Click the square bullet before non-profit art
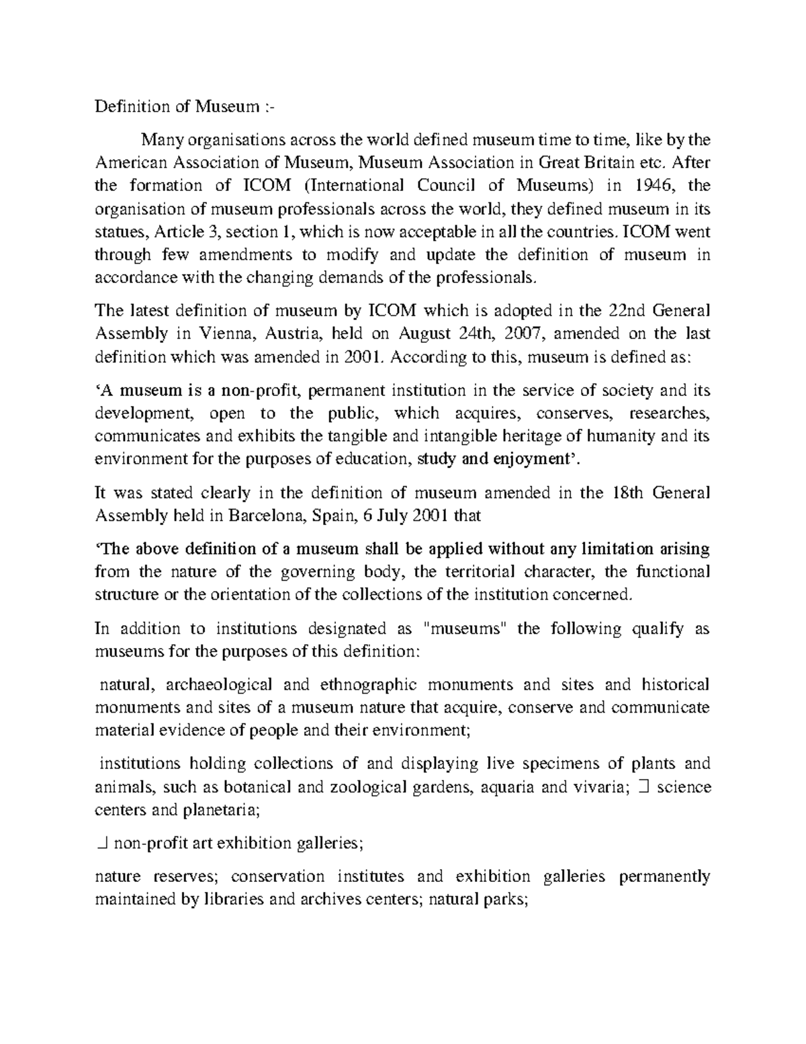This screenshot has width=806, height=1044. [x=102, y=843]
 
